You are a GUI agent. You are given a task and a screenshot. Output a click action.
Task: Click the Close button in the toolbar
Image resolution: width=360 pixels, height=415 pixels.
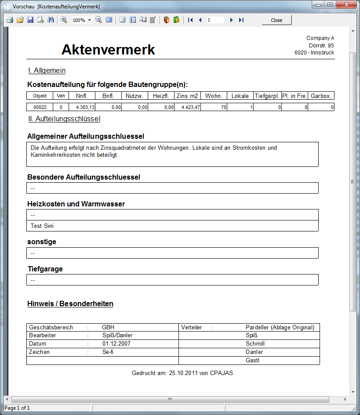point(276,20)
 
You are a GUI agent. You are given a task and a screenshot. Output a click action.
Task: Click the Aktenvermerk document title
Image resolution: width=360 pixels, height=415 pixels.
point(108,50)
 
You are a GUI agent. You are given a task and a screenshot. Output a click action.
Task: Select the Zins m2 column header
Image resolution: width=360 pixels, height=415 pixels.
point(188,96)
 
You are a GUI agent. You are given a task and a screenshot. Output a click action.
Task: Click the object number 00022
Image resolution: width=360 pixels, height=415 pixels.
point(40,107)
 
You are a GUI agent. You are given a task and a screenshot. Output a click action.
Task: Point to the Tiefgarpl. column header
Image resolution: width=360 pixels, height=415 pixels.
point(267,96)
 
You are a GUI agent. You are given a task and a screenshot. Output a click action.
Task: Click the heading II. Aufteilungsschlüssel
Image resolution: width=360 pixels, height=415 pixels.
point(64,119)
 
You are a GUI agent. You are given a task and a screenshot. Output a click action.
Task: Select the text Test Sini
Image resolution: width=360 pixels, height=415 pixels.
point(42,226)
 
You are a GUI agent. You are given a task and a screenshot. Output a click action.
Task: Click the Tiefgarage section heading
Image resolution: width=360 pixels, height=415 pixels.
point(45,269)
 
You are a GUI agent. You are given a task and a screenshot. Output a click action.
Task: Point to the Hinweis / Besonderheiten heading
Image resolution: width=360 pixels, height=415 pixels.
point(70,303)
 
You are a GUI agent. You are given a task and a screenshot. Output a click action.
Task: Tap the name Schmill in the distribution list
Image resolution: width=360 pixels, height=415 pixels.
point(255,343)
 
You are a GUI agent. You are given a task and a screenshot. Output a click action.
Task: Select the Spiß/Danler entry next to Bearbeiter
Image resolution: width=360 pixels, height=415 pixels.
point(117,335)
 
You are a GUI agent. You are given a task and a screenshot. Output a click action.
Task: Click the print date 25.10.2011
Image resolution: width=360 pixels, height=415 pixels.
point(182,373)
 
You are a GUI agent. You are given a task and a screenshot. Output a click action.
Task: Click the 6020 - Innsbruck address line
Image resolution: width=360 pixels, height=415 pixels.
point(314,53)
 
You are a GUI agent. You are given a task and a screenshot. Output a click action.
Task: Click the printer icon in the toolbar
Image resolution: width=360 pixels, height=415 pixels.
point(10,20)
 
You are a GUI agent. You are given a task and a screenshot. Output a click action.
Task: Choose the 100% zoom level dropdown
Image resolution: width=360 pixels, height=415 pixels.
point(82,20)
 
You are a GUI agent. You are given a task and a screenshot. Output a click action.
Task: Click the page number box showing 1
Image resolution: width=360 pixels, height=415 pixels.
point(215,20)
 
